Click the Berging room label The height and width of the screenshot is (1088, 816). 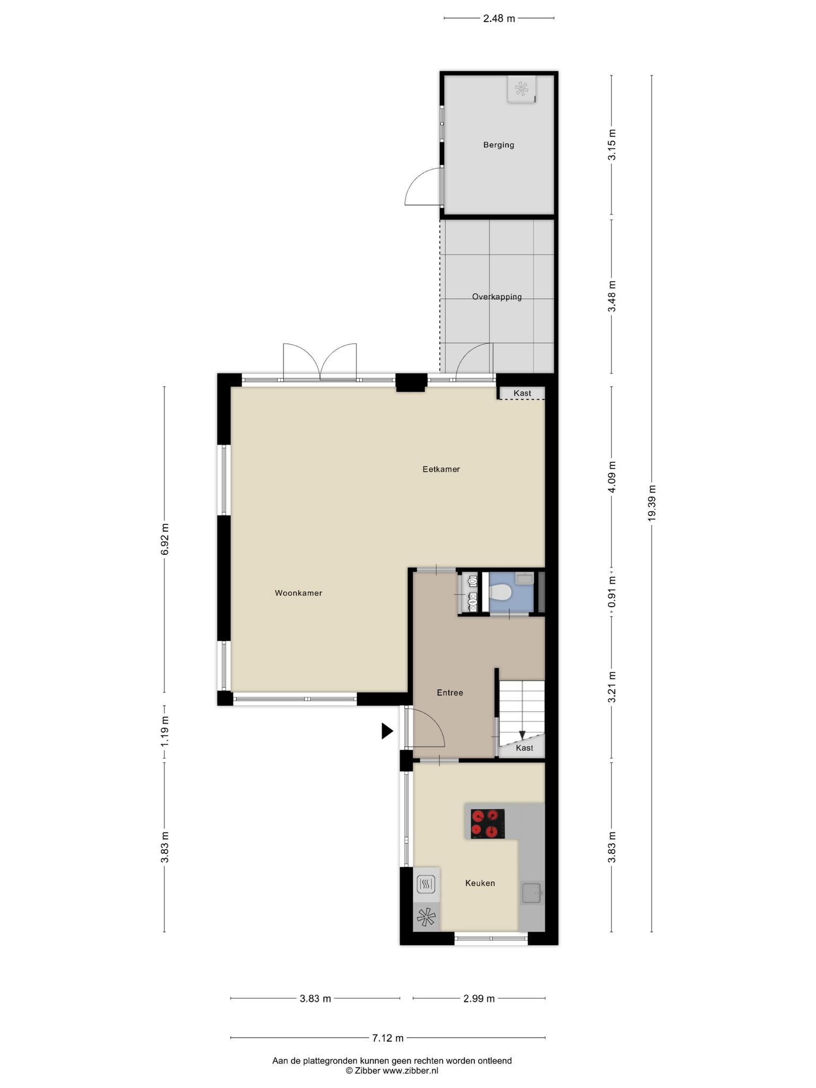coord(498,145)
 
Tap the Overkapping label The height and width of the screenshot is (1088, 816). coord(497,297)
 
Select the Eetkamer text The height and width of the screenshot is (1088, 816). coord(441,469)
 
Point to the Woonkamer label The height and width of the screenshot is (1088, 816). coord(299,593)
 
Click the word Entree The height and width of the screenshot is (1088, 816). coord(450,693)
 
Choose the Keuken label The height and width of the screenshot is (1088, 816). coord(480,883)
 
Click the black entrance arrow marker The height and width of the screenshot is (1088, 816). coord(387,731)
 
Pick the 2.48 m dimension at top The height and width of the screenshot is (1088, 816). coord(499,19)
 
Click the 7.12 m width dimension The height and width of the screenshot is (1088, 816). coord(387,1038)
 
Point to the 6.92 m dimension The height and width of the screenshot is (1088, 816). coord(165,539)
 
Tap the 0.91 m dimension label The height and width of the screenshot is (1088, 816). coord(612,592)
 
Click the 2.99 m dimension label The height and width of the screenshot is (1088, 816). coord(479,999)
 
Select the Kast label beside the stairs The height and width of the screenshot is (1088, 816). coord(524,748)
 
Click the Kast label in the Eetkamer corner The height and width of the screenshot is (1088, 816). coord(522,393)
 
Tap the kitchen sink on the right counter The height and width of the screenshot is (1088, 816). coord(531,892)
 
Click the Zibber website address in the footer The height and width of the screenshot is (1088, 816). coord(411,1071)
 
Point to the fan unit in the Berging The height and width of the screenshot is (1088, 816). coord(522,89)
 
